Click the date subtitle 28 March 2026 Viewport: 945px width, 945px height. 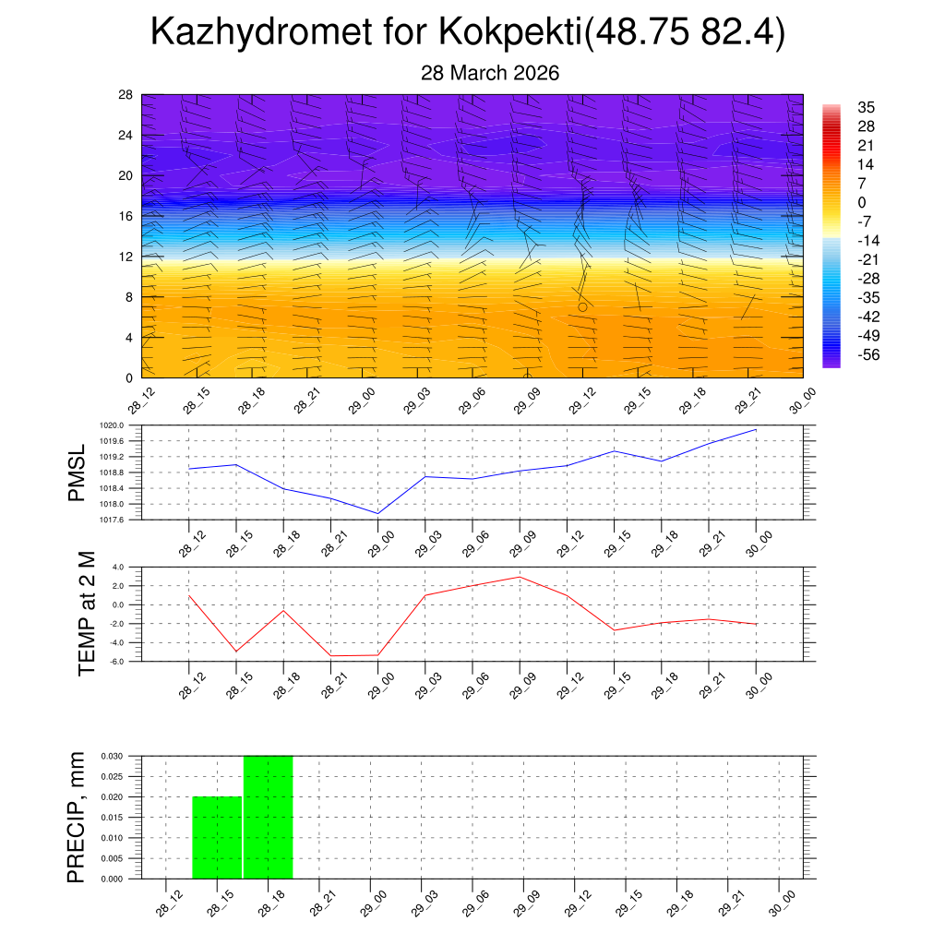click(490, 73)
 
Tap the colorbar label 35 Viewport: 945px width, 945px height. click(866, 107)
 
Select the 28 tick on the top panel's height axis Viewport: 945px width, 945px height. click(126, 95)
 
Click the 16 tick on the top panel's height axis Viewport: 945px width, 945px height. click(126, 216)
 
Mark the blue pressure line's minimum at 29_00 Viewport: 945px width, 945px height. click(377, 513)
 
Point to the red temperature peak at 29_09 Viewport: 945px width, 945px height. click(520, 577)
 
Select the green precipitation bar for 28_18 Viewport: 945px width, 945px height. click(269, 817)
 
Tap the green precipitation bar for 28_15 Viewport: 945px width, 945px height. click(217, 837)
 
